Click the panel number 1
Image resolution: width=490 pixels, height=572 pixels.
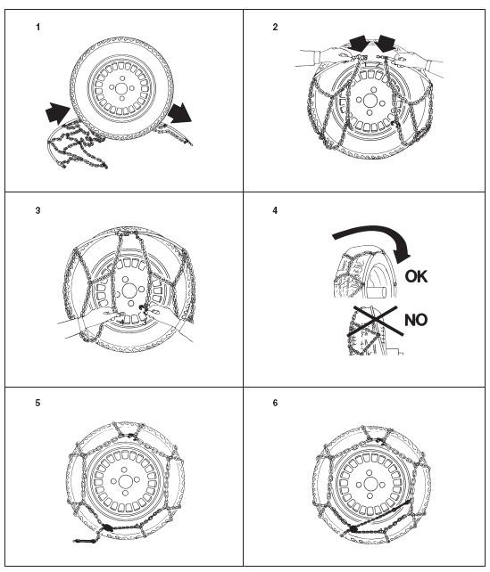pos(38,27)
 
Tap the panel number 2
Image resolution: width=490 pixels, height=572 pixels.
pos(275,27)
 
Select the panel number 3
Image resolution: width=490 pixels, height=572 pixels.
pos(38,210)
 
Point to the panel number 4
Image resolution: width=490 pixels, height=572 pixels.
pos(275,210)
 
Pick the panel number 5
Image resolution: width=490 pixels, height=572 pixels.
pos(38,403)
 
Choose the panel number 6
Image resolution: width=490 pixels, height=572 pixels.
pos(275,403)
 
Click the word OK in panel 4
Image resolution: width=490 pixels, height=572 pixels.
pos(416,276)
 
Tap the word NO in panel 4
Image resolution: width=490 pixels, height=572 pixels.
pos(416,320)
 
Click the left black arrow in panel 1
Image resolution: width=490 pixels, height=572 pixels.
pos(57,112)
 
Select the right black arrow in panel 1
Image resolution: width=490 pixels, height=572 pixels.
pos(179,113)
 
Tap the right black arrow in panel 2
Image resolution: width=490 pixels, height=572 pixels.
pos(386,44)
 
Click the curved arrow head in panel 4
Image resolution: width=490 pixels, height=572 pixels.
pos(402,253)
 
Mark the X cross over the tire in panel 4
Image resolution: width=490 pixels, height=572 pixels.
pos(375,321)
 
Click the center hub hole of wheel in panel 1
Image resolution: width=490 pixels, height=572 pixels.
pos(121,88)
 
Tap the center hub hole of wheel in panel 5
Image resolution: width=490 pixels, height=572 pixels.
pos(125,480)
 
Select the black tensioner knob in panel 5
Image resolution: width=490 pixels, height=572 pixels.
pos(107,527)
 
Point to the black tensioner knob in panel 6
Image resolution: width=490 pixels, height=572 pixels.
pos(353,528)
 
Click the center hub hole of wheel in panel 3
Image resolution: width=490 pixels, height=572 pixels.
pos(129,290)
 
